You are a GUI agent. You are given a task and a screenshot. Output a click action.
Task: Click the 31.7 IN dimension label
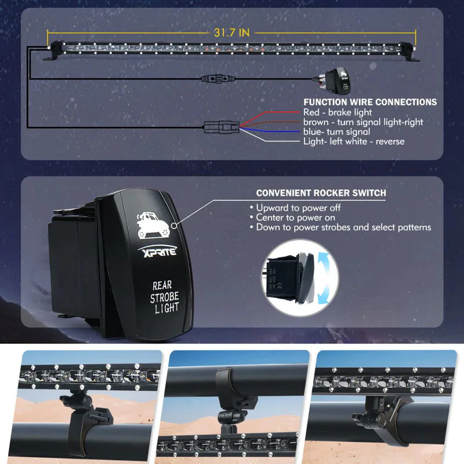pyautogui.click(x=231, y=33)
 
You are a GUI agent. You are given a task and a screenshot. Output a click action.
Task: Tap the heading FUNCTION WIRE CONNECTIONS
pyautogui.click(x=370, y=102)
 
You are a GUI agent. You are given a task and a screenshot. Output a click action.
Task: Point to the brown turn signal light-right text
pyautogui.click(x=363, y=122)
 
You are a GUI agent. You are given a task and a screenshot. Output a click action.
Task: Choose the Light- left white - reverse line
pyautogui.click(x=354, y=142)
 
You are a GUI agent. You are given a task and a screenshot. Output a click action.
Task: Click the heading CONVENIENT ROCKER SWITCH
pyautogui.click(x=321, y=193)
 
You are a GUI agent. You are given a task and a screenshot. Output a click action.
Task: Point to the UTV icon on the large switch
pyautogui.click(x=152, y=226)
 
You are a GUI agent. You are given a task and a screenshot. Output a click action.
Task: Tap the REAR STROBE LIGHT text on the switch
pyautogui.click(x=165, y=296)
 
